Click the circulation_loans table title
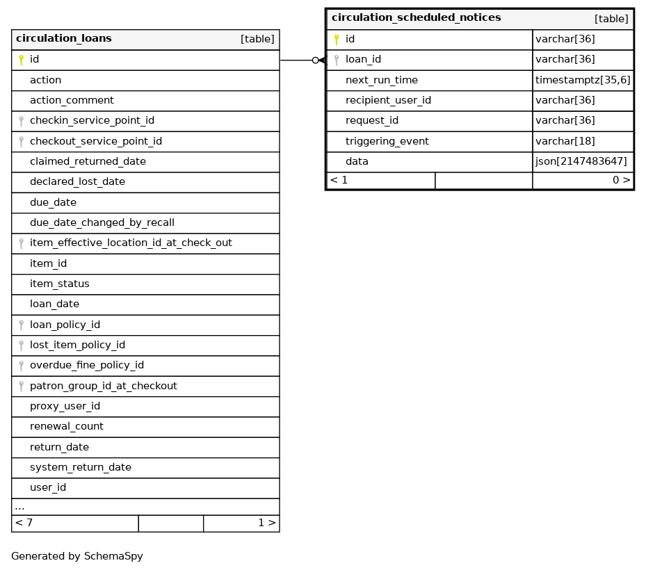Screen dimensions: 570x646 click(64, 39)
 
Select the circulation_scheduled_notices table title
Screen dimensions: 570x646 click(416, 18)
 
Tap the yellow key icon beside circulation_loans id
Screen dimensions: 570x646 click(21, 60)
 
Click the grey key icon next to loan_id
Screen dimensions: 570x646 click(337, 60)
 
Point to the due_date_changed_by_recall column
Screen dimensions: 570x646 click(102, 223)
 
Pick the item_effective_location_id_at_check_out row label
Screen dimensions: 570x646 click(131, 243)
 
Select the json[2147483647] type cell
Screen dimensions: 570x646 click(581, 162)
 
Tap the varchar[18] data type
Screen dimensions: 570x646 click(565, 142)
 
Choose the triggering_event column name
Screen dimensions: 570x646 click(387, 142)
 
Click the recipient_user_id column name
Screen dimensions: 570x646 click(388, 101)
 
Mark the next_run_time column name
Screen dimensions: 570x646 click(381, 81)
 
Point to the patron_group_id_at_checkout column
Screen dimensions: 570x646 click(103, 386)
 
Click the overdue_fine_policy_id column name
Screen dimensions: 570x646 click(87, 366)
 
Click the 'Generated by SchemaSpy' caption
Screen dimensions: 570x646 click(76, 557)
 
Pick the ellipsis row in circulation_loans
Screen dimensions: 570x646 click(19, 507)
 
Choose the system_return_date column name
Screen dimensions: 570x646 click(81, 467)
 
